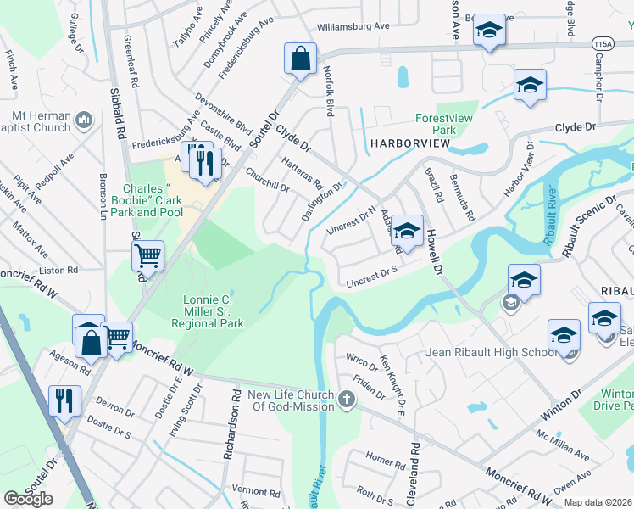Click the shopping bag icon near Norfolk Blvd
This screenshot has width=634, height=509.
coord(300,59)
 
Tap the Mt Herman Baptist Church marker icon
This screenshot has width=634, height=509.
coord(84,121)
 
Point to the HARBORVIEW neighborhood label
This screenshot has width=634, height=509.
coord(409,144)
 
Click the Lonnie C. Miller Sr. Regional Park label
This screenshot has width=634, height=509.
coord(208,311)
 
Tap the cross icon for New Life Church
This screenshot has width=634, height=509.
coord(346,399)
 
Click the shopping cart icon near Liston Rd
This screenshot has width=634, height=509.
coord(147,255)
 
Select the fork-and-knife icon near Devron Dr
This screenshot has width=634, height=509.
coord(65,400)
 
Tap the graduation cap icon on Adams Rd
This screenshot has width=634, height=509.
coord(407,231)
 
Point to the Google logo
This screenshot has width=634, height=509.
coord(29,499)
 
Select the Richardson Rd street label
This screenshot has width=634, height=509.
coord(230,432)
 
